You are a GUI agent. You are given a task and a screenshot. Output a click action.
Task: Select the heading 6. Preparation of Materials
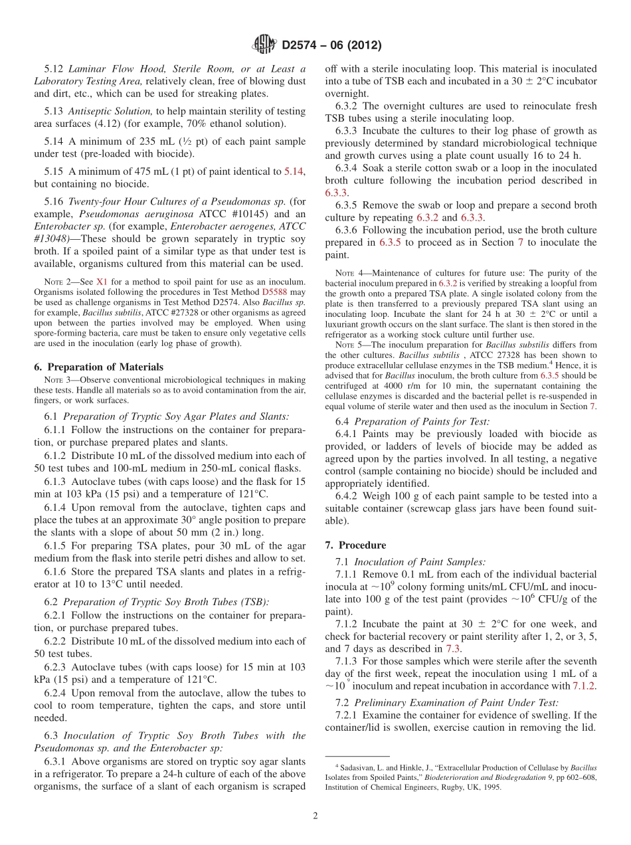click(98, 367)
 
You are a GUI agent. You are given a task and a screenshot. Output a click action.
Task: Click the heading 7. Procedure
click(355, 545)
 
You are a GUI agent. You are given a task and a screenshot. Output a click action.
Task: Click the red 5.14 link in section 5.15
click(294, 171)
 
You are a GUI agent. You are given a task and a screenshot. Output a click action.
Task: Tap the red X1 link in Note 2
click(101, 282)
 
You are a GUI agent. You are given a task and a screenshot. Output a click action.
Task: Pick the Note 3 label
click(55, 380)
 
